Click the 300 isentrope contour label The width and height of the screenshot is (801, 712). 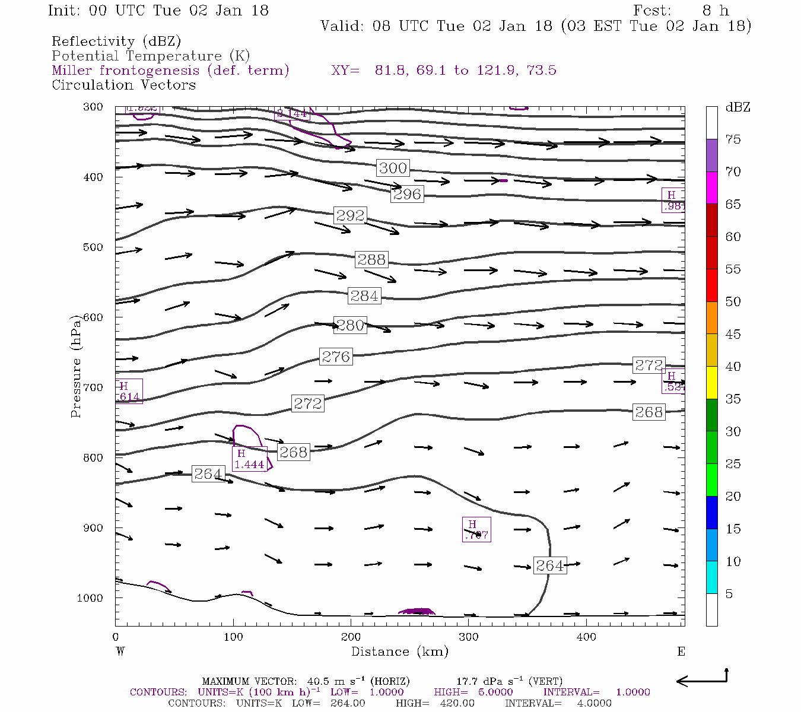click(393, 168)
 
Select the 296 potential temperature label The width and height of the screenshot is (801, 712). click(407, 194)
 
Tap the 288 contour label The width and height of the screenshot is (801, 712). click(371, 259)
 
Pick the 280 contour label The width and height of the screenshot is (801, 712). click(350, 325)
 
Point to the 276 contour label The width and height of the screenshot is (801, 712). click(336, 357)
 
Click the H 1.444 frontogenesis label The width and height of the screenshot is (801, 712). click(249, 459)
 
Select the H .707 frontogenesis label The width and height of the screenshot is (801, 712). click(476, 530)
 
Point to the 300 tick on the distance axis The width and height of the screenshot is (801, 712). click(469, 637)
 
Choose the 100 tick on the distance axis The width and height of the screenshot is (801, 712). click(233, 637)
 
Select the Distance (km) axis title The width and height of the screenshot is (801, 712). click(399, 651)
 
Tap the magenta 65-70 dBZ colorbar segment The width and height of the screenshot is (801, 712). click(711, 187)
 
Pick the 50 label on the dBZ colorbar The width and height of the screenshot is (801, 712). click(733, 302)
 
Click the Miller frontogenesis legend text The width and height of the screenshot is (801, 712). click(170, 71)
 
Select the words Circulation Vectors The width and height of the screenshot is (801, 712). click(123, 85)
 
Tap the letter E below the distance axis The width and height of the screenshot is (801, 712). click(681, 651)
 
